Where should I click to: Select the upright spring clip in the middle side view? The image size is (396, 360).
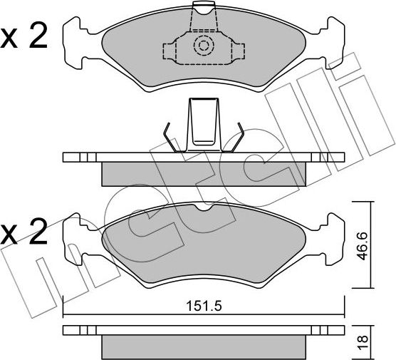204,123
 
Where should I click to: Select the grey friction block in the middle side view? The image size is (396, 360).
204,172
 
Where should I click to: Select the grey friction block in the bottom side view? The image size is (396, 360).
204,345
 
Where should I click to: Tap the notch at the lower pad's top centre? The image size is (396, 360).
204,207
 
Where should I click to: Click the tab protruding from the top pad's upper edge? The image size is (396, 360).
204,9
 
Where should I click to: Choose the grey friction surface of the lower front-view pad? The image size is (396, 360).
204,246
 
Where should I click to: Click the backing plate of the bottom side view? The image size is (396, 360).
204,330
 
